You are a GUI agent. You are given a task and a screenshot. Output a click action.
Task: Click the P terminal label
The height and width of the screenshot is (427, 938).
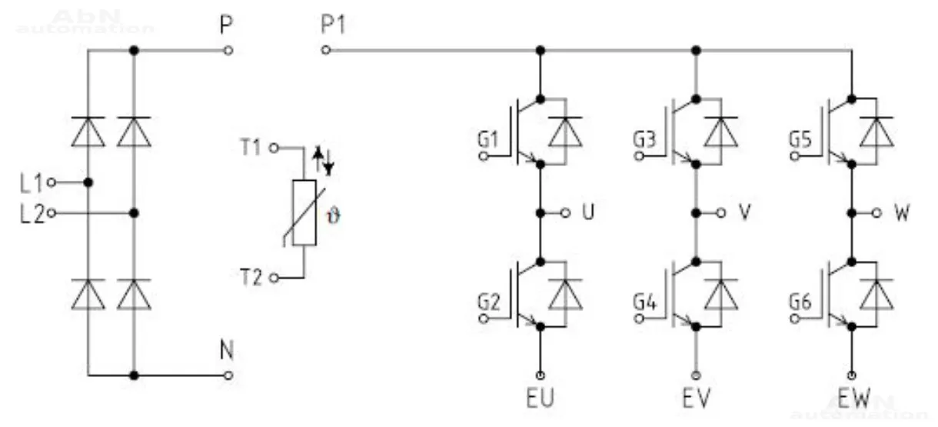[x=225, y=27]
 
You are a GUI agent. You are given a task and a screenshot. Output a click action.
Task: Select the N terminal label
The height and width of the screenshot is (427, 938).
[x=226, y=352]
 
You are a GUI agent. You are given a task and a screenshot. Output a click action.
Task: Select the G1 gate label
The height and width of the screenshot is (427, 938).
[x=488, y=140]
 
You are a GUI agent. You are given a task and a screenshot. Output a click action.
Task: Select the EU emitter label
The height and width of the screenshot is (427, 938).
[x=541, y=400]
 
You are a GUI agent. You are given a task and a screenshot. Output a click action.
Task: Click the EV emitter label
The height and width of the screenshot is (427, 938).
[x=696, y=400]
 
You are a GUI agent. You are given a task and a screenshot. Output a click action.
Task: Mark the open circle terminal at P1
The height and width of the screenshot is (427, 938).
[x=326, y=50]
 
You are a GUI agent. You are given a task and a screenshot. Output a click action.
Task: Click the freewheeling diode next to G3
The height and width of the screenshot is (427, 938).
[x=721, y=132]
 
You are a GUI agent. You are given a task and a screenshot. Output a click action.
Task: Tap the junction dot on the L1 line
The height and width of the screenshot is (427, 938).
[x=88, y=182]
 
